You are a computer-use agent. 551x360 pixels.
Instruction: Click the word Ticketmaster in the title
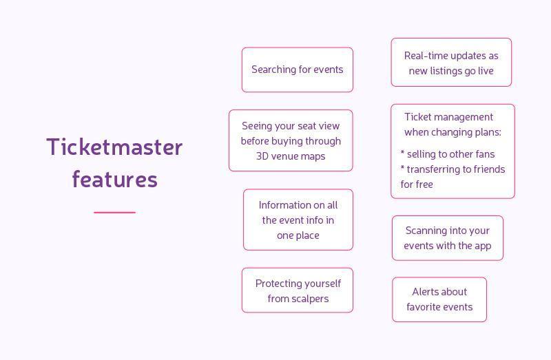[x=114, y=147]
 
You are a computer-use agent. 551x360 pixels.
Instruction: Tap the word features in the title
[x=114, y=179]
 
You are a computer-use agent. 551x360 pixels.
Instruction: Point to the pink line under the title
[x=114, y=213]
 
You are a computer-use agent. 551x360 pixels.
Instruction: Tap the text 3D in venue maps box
[x=262, y=156]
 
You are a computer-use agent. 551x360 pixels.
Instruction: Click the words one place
[x=298, y=235]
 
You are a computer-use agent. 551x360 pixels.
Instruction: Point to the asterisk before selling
[x=402, y=152]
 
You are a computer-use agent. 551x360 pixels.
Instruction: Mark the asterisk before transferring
[x=402, y=167]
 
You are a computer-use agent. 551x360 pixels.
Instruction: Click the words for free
[x=417, y=184]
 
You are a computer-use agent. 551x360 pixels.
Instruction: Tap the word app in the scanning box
[x=483, y=246]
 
